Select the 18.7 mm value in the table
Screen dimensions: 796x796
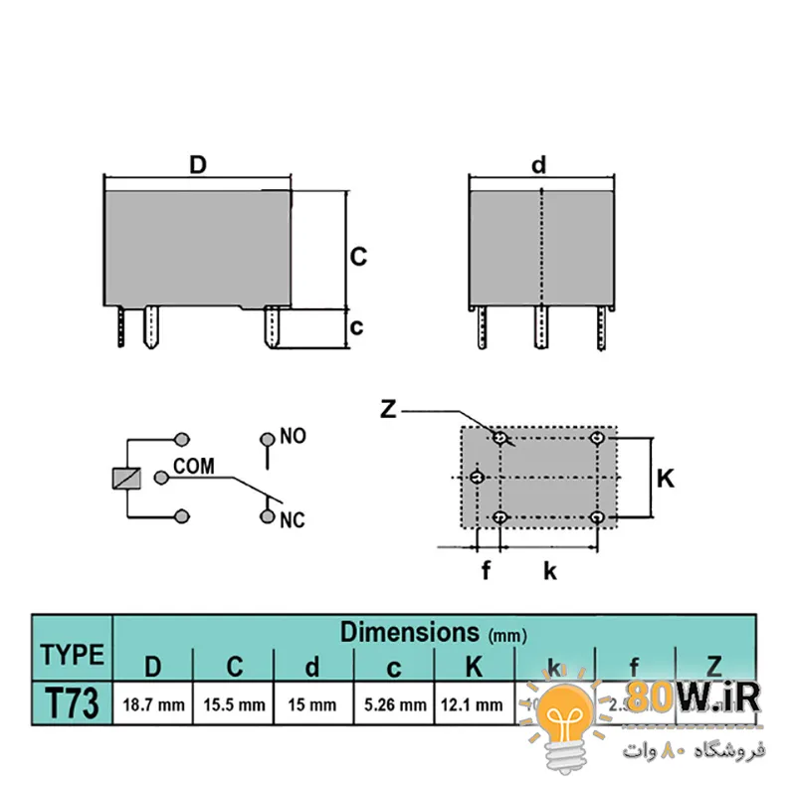coord(153,705)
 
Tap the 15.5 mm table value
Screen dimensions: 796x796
coord(234,705)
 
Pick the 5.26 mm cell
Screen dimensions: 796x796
coord(395,705)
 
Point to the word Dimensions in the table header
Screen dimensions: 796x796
coord(410,632)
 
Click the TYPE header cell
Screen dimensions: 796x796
coord(72,655)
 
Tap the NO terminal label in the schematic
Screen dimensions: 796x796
coord(293,436)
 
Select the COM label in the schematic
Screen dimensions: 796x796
coord(194,466)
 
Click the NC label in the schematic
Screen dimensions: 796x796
coord(293,520)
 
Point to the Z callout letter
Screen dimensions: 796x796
coord(389,409)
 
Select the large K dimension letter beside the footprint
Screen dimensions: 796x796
coord(666,479)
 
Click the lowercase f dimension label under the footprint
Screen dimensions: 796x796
coord(487,570)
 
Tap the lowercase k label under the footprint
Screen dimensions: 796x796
coord(549,570)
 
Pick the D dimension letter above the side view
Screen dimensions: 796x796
coord(198,165)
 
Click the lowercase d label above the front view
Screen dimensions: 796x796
coord(538,165)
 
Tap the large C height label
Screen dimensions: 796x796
coord(358,256)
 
